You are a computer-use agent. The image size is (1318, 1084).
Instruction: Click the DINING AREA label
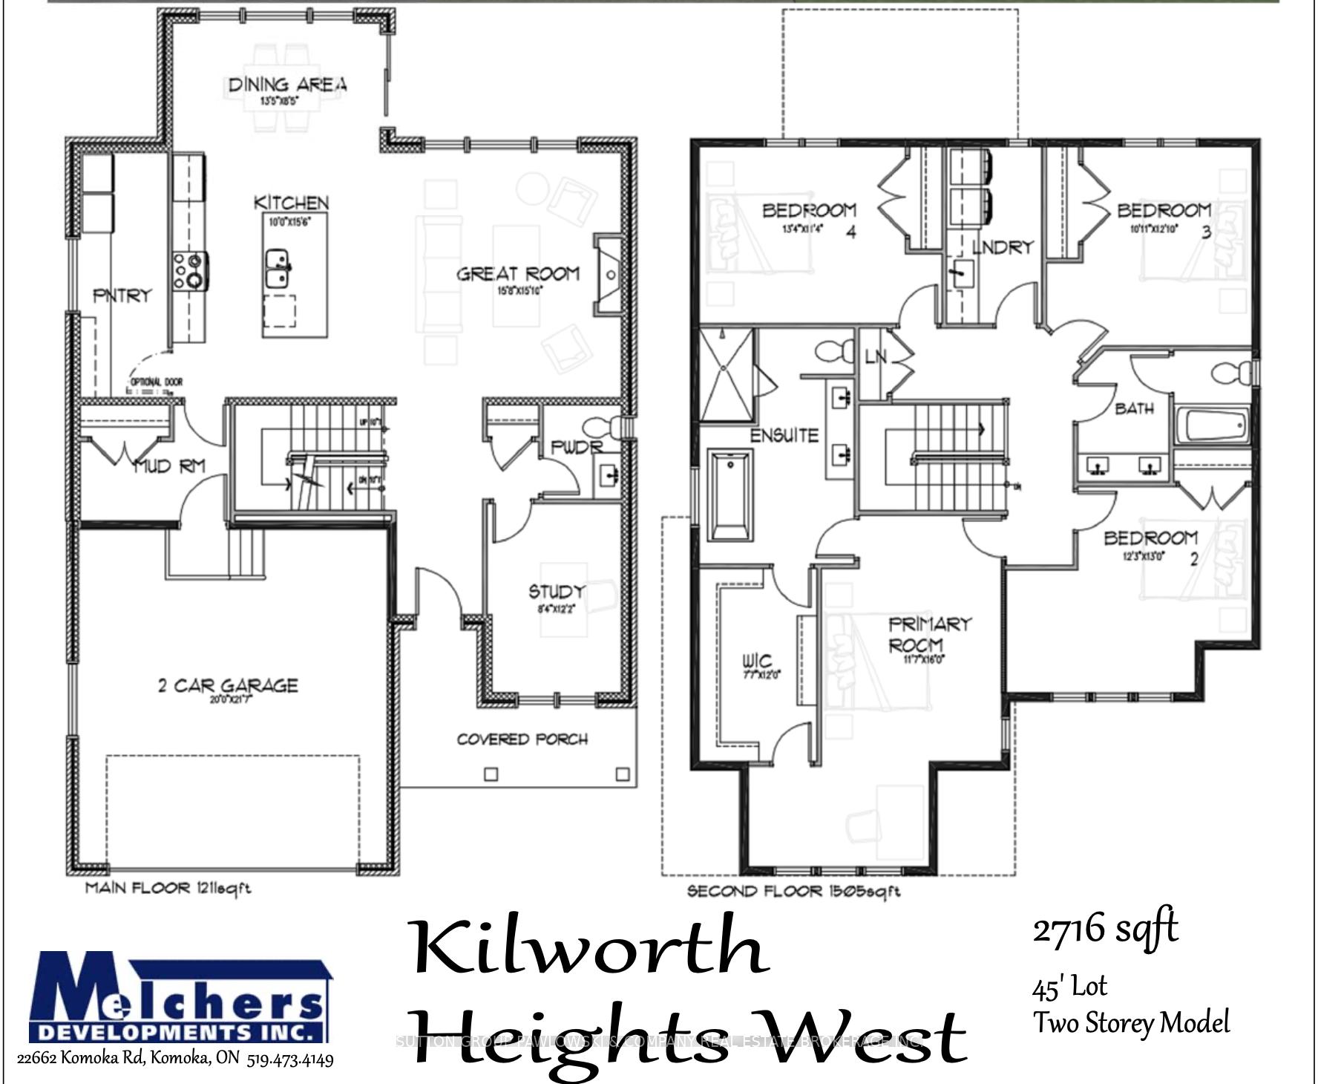(x=286, y=85)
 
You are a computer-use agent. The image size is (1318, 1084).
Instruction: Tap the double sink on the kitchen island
(x=278, y=269)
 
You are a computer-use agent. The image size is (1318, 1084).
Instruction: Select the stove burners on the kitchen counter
(x=191, y=270)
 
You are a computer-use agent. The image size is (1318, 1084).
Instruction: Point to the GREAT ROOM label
(x=517, y=274)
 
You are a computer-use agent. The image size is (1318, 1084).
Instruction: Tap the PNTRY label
(x=122, y=296)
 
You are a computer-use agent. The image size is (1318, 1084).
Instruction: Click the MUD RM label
(x=169, y=466)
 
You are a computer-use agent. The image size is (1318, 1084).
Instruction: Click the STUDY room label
(x=556, y=592)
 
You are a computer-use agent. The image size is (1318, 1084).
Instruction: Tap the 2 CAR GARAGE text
(x=227, y=685)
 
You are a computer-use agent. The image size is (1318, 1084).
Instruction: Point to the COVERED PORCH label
(x=522, y=739)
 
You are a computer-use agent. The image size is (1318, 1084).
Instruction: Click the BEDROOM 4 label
(x=810, y=212)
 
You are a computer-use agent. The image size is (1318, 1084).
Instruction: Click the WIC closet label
(x=757, y=660)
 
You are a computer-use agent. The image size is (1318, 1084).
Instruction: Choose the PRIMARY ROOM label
(x=928, y=633)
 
